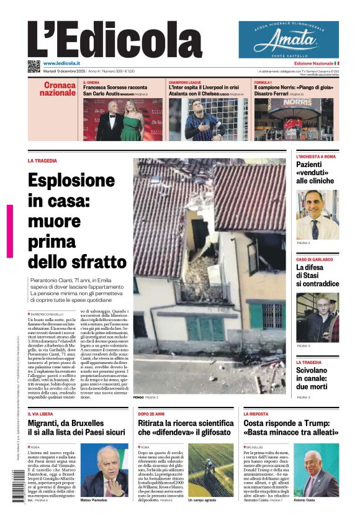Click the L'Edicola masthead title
pos(115,39)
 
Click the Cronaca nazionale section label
pos(58,89)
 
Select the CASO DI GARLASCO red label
pos(314,259)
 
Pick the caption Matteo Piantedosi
pos(94,500)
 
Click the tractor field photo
pos(212,469)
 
